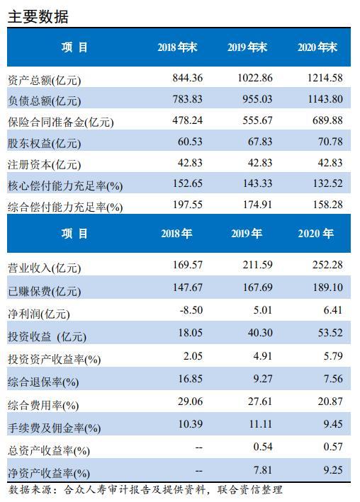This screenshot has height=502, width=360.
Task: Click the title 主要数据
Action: pyautogui.click(x=38, y=17)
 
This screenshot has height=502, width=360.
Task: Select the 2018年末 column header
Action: pyautogui.click(x=177, y=47)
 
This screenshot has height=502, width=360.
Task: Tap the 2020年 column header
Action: pyautogui.click(x=316, y=234)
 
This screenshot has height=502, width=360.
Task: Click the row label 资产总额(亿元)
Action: pyautogui.click(x=44, y=80)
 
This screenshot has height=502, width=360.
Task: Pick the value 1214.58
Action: pyautogui.click(x=325, y=78)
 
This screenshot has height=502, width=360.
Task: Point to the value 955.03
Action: pyautogui.click(x=257, y=99)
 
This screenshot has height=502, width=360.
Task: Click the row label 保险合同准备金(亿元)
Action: pyautogui.click(x=60, y=122)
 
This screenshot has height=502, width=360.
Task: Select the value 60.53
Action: pyautogui.click(x=190, y=142)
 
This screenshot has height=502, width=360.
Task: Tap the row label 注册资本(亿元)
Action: pyautogui.click(x=44, y=164)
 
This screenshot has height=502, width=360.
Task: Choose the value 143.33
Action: pyautogui.click(x=257, y=183)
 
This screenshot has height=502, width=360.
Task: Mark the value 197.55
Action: pyautogui.click(x=188, y=205)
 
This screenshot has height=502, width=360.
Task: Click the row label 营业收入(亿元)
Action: pyautogui.click(x=44, y=268)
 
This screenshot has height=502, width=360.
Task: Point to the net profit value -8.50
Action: pyautogui.click(x=191, y=310)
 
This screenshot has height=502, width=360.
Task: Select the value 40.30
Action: pyautogui.click(x=260, y=333)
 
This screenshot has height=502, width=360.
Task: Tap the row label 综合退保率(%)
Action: pyautogui.click(x=43, y=382)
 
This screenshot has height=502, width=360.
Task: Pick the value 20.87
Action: pyautogui.click(x=330, y=401)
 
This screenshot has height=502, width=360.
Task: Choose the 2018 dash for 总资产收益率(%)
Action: pyautogui.click(x=198, y=447)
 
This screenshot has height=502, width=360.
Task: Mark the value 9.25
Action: pyautogui.click(x=333, y=470)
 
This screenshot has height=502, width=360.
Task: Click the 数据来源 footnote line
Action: pyautogui.click(x=145, y=490)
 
